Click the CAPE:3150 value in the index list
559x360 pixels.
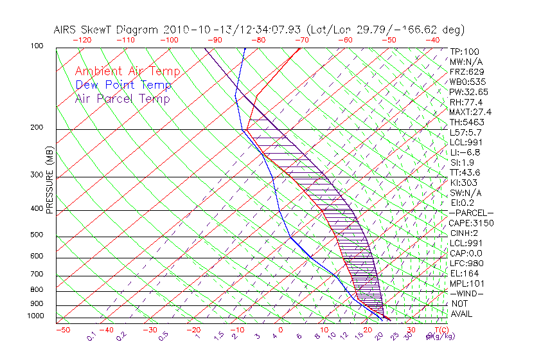471,223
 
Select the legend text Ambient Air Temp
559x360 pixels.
127,71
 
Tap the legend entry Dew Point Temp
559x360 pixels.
123,85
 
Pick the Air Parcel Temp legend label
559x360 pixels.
122,98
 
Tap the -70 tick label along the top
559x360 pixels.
301,40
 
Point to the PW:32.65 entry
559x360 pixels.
469,92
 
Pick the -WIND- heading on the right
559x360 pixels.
466,293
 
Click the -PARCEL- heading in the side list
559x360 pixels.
471,213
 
